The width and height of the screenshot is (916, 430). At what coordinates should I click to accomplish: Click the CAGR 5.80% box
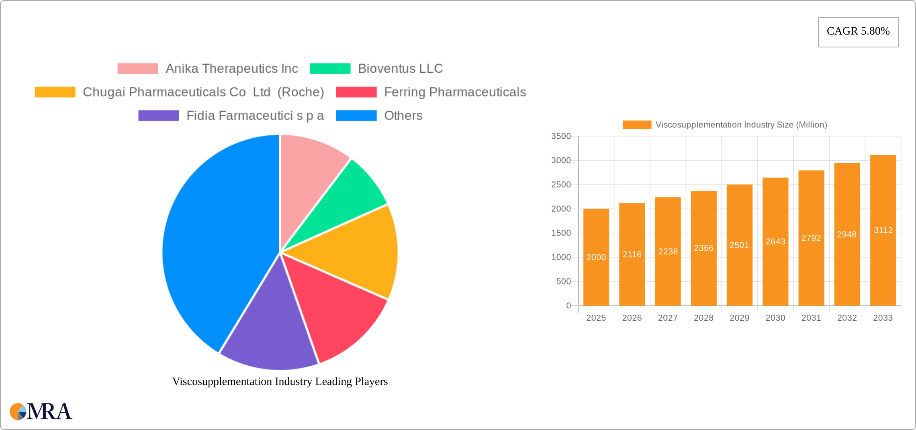[x=858, y=32]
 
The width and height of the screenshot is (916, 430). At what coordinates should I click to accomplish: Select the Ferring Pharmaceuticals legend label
[x=455, y=92]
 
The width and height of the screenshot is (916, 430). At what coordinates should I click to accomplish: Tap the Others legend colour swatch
[x=356, y=116]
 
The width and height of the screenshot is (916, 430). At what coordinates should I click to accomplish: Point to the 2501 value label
[x=739, y=245]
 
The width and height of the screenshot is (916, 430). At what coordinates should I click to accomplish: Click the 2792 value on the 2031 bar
[x=811, y=238]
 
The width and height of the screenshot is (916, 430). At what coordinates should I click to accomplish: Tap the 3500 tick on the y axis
[x=561, y=136]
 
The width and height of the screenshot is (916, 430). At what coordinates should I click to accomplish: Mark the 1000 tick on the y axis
[x=561, y=257]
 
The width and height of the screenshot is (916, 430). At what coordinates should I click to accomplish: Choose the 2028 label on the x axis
[x=703, y=318]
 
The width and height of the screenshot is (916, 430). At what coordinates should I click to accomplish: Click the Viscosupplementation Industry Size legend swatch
[x=637, y=125]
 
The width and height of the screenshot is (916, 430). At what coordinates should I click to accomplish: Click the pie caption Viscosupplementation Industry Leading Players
[x=280, y=381]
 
